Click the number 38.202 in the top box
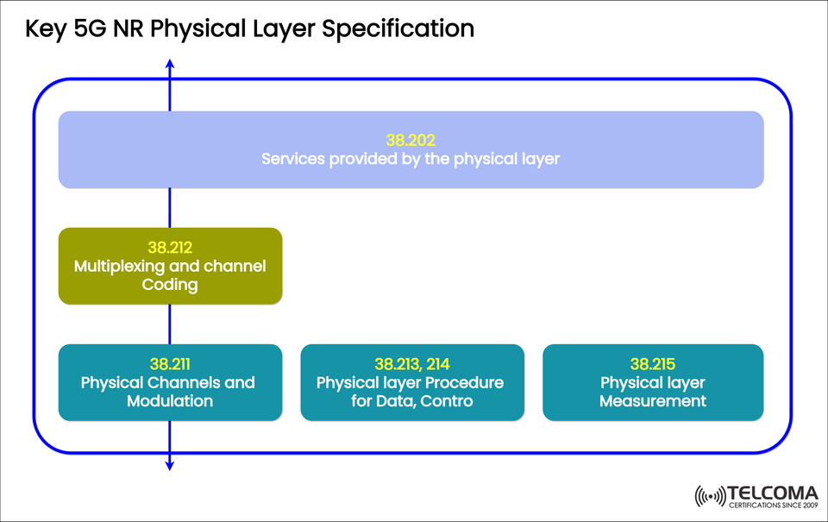[411, 139]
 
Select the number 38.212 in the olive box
[170, 248]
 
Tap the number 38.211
[169, 364]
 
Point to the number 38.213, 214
[411, 364]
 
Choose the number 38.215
[653, 364]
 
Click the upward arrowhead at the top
[170, 64]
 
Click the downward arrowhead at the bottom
[170, 466]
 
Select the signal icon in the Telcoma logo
[710, 497]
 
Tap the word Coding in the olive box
[170, 286]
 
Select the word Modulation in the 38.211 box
[169, 401]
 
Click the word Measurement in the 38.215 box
[653, 401]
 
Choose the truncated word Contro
[448, 401]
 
